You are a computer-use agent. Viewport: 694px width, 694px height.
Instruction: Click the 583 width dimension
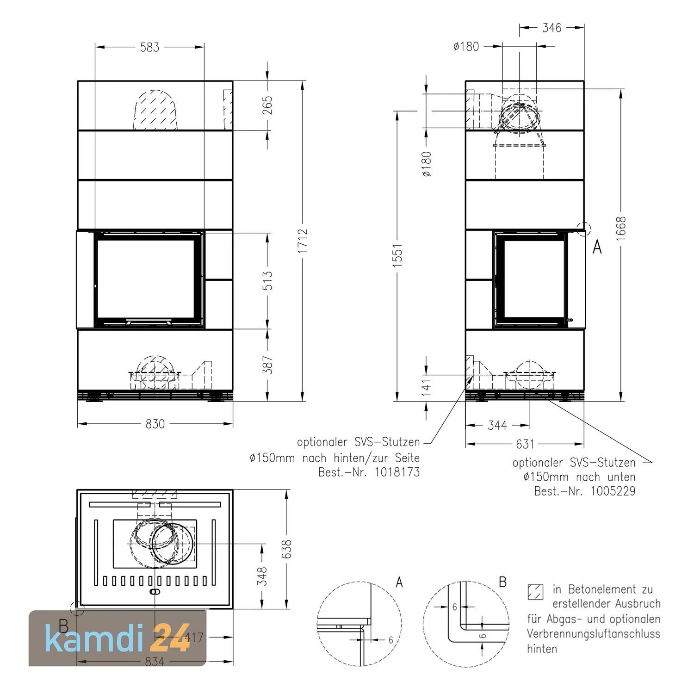tap(149, 47)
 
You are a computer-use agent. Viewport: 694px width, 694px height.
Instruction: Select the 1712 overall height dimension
tap(303, 241)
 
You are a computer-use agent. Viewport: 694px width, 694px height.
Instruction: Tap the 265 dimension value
tap(267, 105)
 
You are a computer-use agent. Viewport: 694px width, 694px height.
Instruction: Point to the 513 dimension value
tap(267, 281)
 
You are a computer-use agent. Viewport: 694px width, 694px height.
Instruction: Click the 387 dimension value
tap(267, 365)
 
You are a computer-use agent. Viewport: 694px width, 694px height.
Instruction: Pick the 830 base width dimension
tap(155, 424)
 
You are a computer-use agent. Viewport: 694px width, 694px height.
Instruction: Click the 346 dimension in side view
tap(551, 28)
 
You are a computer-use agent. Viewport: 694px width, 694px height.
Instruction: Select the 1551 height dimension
tap(398, 254)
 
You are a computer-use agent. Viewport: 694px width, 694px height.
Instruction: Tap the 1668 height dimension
tap(621, 228)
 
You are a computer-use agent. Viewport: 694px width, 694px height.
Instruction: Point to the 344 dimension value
tap(497, 425)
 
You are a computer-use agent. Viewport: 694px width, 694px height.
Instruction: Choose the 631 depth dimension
tap(525, 444)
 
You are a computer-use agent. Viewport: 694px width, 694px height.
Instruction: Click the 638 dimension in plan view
tap(287, 549)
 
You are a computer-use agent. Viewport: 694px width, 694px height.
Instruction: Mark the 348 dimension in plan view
tap(262, 576)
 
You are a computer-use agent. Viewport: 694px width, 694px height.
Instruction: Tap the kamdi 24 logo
tap(118, 638)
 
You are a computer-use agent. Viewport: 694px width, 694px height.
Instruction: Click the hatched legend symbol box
tap(535, 592)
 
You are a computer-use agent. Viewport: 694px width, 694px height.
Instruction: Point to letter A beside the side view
tap(597, 248)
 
